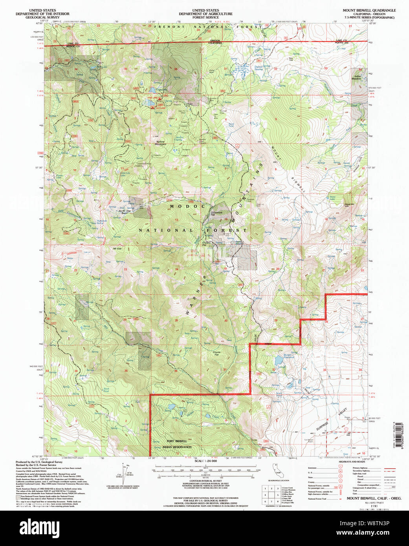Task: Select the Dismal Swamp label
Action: [x=259, y=68]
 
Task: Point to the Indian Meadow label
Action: [x=357, y=77]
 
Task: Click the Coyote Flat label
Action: [x=216, y=353]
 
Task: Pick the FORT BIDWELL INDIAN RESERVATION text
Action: [x=177, y=444]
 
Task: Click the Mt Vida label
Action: [x=117, y=248]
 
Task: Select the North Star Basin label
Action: [x=126, y=212]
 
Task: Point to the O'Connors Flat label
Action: [x=216, y=214]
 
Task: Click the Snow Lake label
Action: [x=332, y=198]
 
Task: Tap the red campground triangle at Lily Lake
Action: [x=153, y=108]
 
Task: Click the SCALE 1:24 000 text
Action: [x=205, y=461]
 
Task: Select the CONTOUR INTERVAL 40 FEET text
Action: [x=205, y=481]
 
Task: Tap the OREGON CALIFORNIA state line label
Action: [x=215, y=42]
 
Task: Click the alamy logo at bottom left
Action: [x=39, y=527]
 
